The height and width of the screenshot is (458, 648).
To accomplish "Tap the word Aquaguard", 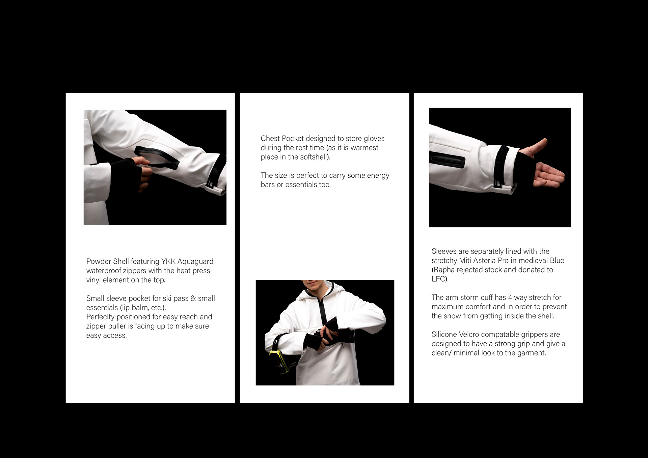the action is (195, 262).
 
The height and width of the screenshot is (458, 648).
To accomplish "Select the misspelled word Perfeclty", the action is (100, 317).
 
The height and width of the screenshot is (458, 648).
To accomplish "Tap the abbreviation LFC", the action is (438, 279).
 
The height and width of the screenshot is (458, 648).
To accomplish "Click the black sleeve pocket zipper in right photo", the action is (447, 160).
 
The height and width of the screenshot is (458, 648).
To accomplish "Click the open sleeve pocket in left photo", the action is (157, 158).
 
